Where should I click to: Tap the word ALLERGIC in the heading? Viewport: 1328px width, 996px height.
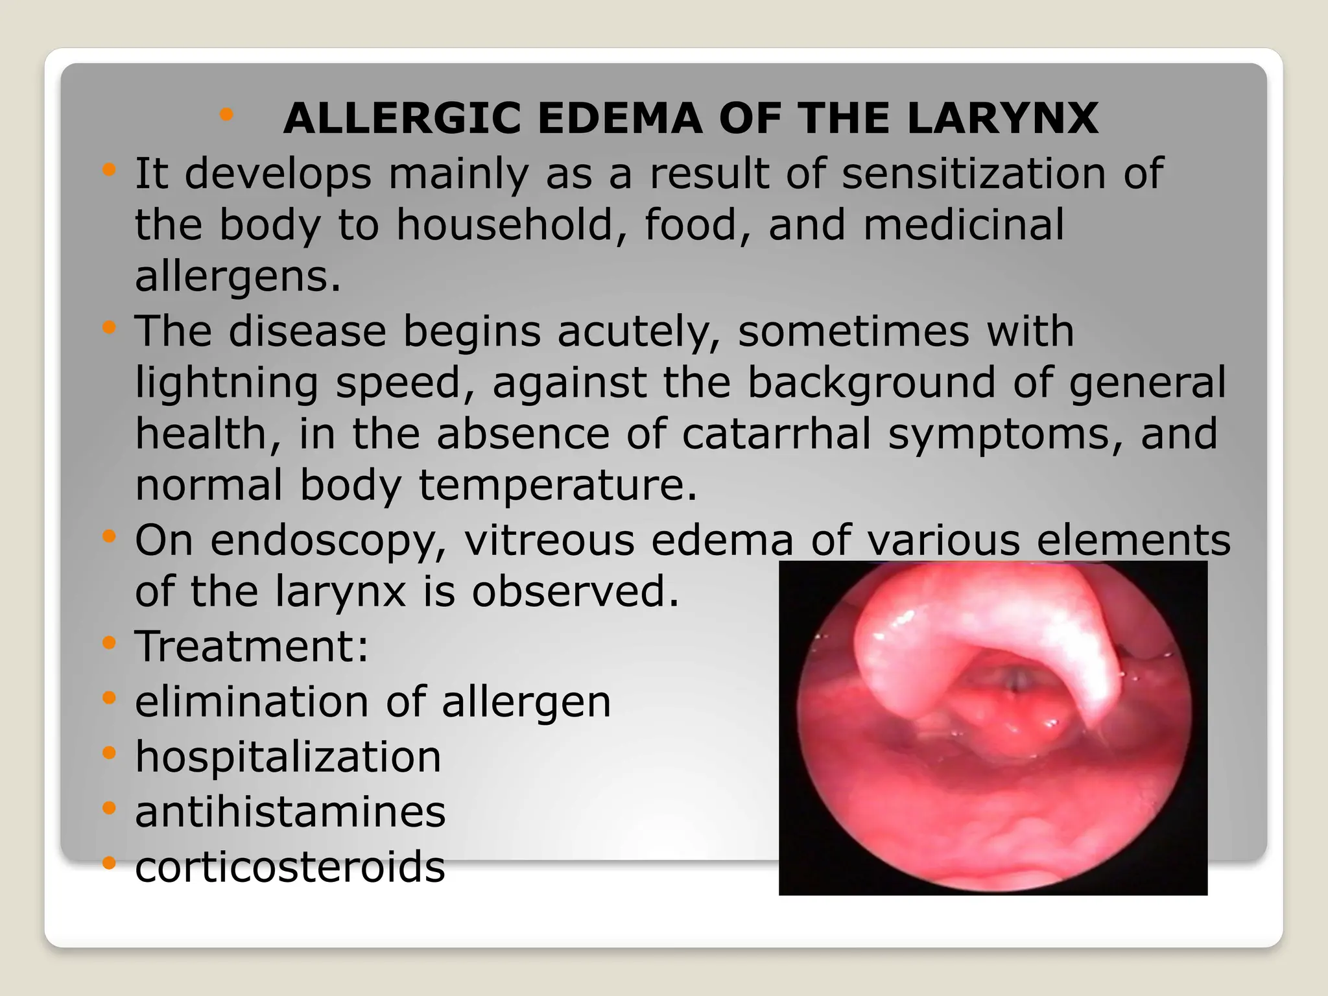pos(402,119)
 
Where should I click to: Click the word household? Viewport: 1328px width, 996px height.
pos(505,225)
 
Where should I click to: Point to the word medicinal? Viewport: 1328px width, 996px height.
pos(964,225)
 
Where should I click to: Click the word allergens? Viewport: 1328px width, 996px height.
pos(237,277)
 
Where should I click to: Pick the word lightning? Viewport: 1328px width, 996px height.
pos(226,383)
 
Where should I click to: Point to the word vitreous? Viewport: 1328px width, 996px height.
pos(549,540)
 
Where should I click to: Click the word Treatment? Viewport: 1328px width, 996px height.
pos(252,646)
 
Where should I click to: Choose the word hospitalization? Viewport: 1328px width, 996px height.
pos(288,757)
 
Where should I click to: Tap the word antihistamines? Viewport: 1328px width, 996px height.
pos(290,812)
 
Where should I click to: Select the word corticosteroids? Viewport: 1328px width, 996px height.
pos(290,867)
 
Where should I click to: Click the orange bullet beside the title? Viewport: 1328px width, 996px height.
pos(226,115)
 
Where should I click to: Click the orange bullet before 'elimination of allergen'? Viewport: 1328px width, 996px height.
pos(109,698)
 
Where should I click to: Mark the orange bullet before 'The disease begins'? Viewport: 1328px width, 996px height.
pos(109,327)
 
